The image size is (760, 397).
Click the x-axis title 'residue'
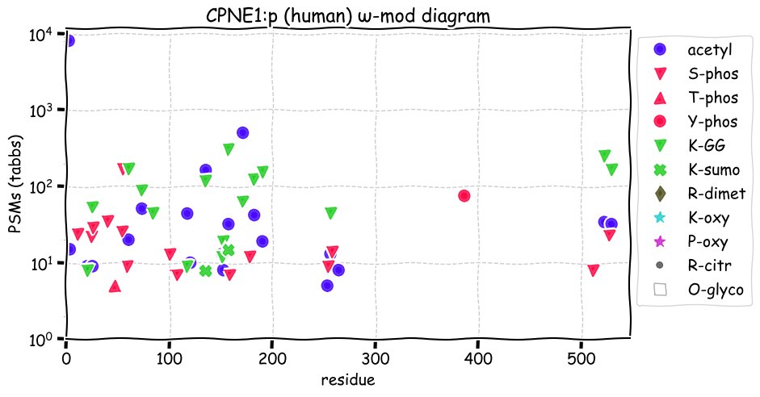pyautogui.click(x=347, y=378)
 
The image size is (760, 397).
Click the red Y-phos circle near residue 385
pyautogui.click(x=464, y=195)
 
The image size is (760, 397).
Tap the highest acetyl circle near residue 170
pyautogui.click(x=242, y=132)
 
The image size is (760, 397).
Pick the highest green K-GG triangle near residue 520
pyautogui.click(x=604, y=156)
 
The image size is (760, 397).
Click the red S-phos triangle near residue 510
pyautogui.click(x=594, y=270)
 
